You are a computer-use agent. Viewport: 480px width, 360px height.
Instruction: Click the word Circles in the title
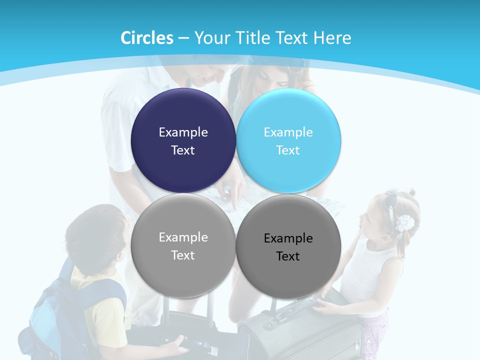[147, 38]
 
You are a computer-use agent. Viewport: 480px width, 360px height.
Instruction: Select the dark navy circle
[183, 141]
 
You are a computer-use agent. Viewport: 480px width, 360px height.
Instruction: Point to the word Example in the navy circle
[183, 132]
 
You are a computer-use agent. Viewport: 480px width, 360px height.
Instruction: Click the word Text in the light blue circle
[288, 150]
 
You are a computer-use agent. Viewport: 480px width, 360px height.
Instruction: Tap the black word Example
[288, 238]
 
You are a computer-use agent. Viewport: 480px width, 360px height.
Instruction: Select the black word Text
[288, 256]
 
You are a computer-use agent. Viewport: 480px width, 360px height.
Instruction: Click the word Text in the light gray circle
[183, 255]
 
